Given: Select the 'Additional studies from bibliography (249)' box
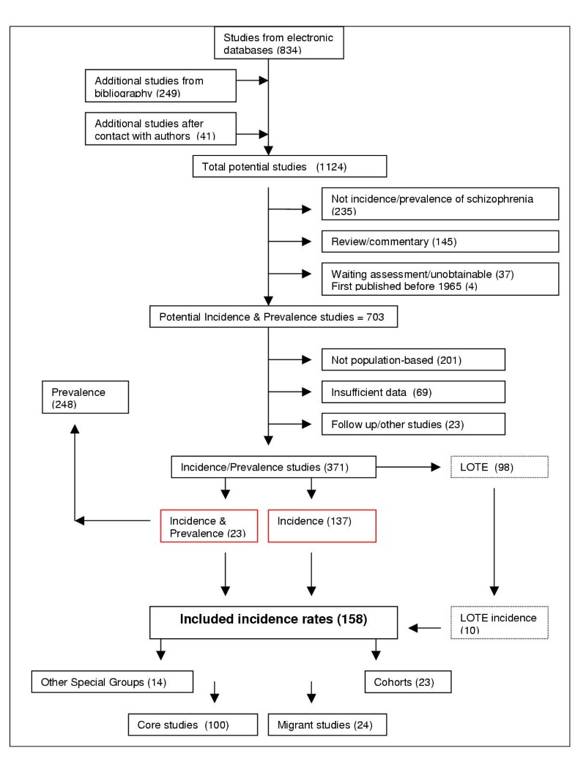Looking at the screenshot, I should [x=160, y=86].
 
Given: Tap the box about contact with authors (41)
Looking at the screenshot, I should [x=160, y=128].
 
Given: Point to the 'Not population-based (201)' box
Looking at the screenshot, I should [x=412, y=359].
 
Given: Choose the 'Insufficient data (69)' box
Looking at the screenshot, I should [x=412, y=392].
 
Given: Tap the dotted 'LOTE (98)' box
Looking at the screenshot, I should [x=498, y=466].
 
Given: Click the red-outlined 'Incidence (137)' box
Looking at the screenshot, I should [x=322, y=526].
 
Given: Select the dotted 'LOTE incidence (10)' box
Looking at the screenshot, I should [x=498, y=622].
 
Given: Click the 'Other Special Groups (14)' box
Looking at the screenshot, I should [x=111, y=682].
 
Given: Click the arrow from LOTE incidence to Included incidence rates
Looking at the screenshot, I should [x=424, y=627].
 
